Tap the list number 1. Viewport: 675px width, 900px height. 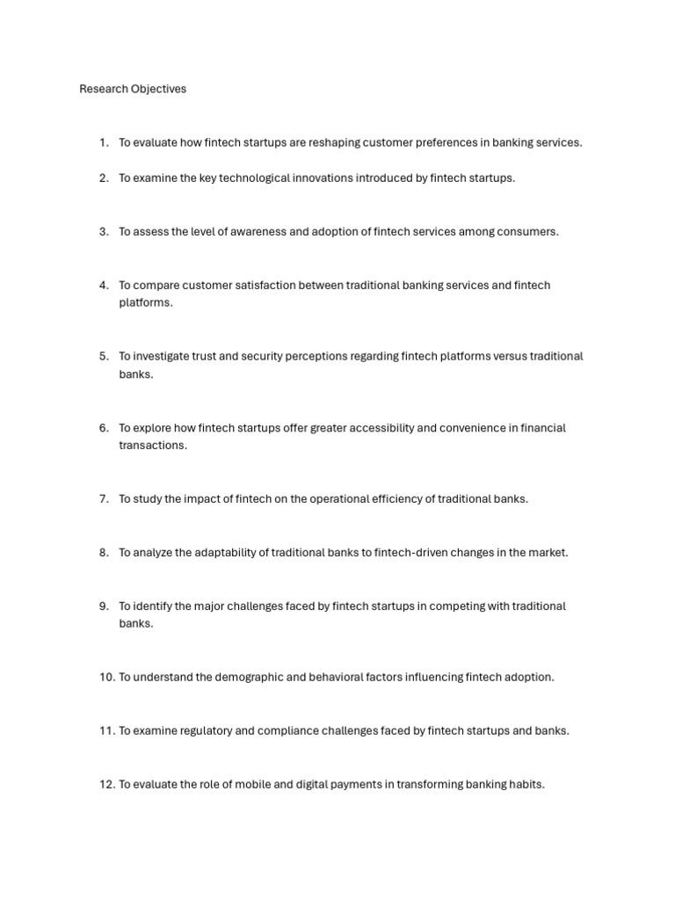pos(104,142)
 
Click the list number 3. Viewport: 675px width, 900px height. pos(104,232)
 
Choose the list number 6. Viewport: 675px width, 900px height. pos(104,428)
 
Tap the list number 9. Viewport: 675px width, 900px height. pos(104,606)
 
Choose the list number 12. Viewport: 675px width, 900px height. pos(106,785)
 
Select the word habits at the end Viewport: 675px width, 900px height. pos(526,785)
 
